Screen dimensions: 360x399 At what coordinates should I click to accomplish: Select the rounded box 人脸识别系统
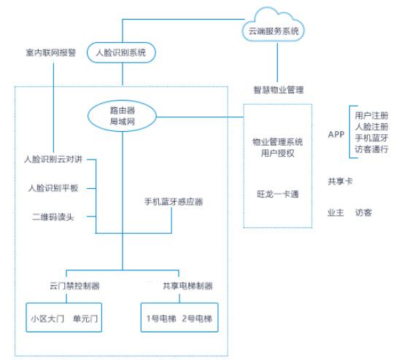click(x=121, y=53)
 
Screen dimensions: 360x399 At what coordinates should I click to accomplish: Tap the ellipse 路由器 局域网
click(x=123, y=115)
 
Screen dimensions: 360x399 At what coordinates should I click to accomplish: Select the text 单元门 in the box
click(x=85, y=318)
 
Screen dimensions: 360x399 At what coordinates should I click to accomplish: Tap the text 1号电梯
click(x=160, y=318)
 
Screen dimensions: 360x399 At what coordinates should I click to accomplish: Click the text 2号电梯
click(x=198, y=318)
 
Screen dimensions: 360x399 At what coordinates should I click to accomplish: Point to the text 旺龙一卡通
click(x=277, y=194)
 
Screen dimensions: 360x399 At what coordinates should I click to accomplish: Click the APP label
click(x=336, y=133)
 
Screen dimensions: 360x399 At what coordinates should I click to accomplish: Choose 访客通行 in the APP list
click(x=371, y=149)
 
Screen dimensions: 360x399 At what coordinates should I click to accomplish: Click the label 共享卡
click(x=340, y=181)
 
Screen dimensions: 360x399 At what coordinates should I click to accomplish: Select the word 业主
click(x=336, y=213)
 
